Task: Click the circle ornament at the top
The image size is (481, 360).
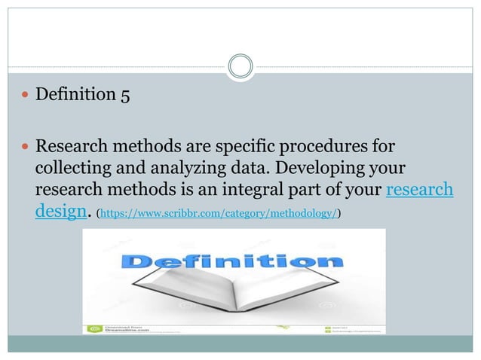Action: coord(240,67)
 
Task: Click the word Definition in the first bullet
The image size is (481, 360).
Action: coord(72,96)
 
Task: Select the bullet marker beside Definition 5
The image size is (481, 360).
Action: coord(26,96)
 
